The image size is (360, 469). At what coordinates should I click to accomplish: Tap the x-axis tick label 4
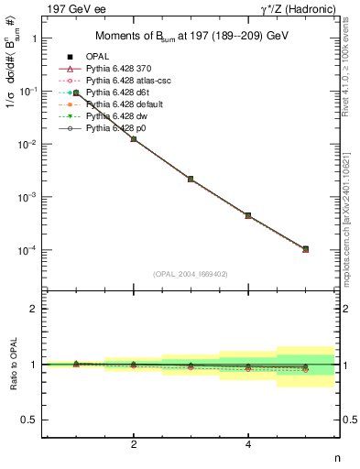(x=248, y=444)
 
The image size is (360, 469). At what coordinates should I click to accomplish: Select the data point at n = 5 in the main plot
(x=306, y=248)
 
